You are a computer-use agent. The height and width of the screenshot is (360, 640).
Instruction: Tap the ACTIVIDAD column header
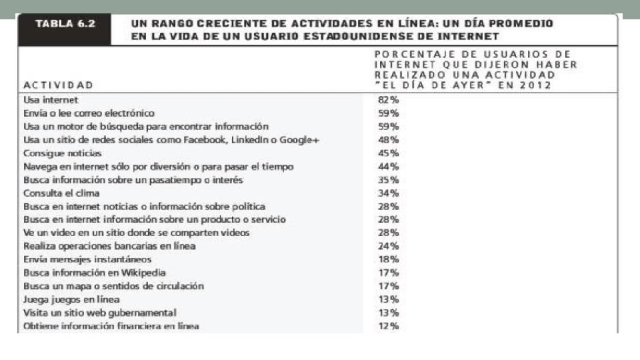(58, 85)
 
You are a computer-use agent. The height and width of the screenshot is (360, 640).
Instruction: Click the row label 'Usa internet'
(51, 100)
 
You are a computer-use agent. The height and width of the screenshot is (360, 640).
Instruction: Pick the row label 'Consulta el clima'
(61, 193)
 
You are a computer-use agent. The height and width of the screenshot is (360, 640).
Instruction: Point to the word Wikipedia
(143, 273)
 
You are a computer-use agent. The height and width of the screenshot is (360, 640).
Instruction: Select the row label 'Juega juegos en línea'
(71, 299)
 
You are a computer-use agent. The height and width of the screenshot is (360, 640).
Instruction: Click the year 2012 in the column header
(539, 85)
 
